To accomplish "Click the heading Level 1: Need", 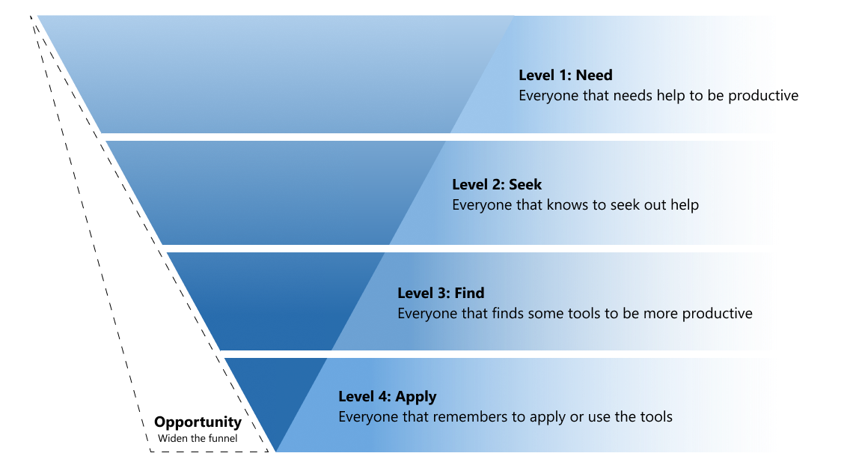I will [x=565, y=76].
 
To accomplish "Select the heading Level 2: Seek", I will [x=497, y=185].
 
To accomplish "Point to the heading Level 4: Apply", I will [x=387, y=397].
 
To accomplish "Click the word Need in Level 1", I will [x=594, y=76].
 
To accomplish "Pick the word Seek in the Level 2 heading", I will [x=525, y=185].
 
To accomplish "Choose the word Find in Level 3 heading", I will [x=470, y=294].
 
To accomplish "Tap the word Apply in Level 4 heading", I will [x=416, y=397].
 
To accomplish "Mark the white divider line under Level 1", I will [x=410, y=137].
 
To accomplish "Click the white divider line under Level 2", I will [x=452, y=249].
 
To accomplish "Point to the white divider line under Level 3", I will [x=490, y=354].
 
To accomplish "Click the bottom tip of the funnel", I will [x=275, y=452].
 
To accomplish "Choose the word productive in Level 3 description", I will [x=715, y=314].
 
